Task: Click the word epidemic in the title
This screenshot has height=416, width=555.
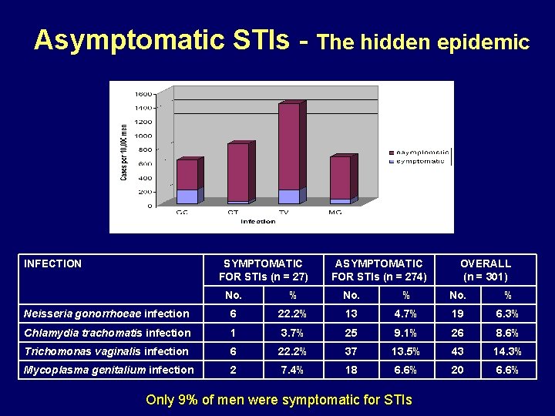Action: point(483,42)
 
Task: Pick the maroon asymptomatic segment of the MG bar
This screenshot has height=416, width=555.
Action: point(340,178)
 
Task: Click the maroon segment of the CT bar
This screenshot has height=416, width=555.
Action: point(238,172)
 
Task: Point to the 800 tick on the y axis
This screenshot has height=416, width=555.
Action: point(146,149)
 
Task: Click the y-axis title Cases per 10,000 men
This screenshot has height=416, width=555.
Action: point(124,152)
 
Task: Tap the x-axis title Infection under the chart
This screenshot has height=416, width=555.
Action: point(257,222)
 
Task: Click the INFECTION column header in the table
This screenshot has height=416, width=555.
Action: point(53,263)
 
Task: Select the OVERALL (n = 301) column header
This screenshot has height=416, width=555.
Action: point(485,270)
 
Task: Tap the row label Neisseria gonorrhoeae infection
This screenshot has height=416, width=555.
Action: point(106,314)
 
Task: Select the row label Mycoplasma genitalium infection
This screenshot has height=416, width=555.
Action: point(109,370)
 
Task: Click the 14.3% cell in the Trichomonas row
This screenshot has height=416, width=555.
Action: point(507,351)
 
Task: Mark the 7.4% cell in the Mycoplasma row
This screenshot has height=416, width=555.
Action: point(292,370)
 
